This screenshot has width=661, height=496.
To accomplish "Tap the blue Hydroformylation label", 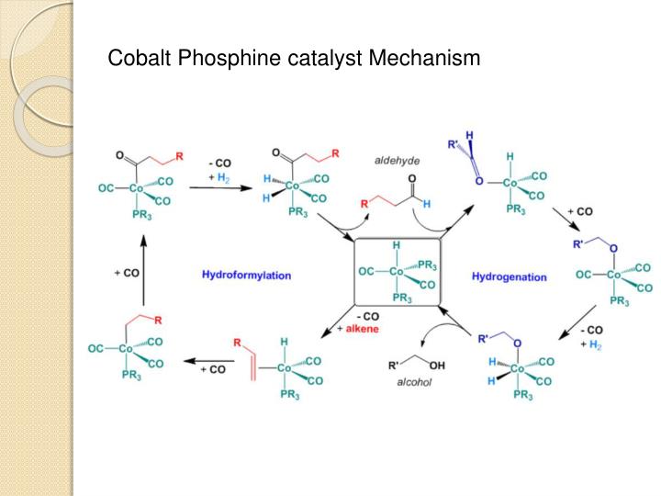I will click(246, 274).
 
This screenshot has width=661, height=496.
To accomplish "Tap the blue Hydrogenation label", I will click(510, 276).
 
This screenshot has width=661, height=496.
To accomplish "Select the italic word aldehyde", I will click(397, 161).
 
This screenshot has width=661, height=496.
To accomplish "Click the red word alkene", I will click(363, 328).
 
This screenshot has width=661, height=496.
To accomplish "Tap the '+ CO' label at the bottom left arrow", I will click(213, 369).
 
